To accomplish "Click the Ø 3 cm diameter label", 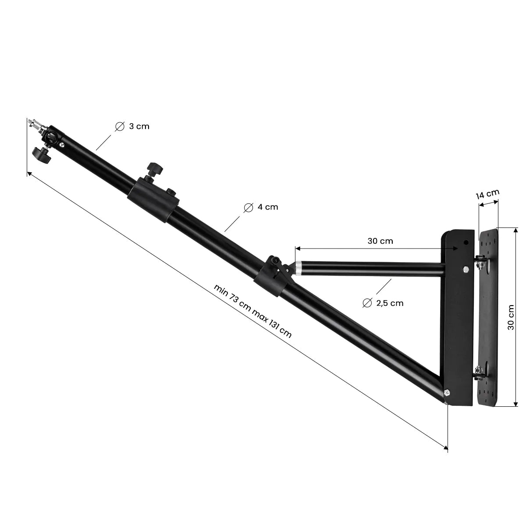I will click(x=132, y=127).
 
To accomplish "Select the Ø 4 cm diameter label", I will click(x=261, y=207).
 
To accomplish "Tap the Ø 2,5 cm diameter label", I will click(x=383, y=303).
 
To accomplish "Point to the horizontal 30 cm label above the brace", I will click(x=380, y=241).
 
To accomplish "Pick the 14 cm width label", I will click(x=487, y=194).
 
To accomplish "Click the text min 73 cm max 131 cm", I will click(x=252, y=311).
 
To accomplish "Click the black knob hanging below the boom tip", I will click(x=42, y=154).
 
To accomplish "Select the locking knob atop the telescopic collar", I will click(x=154, y=168).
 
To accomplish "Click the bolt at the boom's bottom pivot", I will click(x=446, y=392).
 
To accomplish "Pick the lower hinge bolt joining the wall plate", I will click(x=479, y=372).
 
